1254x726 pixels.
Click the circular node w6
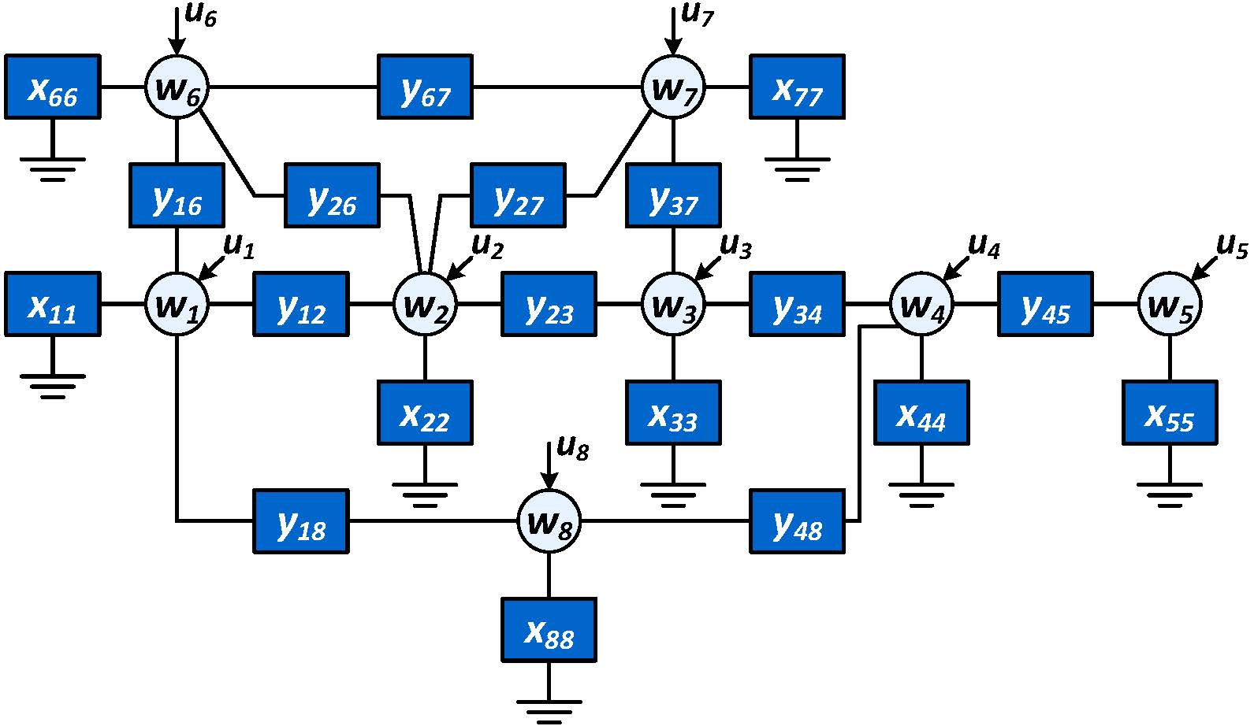[x=177, y=87]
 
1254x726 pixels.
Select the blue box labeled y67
[x=425, y=87]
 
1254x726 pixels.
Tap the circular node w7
[x=673, y=87]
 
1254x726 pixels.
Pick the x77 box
[x=797, y=87]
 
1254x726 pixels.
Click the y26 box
[x=332, y=195]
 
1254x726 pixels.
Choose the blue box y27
[x=518, y=195]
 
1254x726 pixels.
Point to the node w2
[x=425, y=304]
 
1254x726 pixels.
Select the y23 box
[x=549, y=304]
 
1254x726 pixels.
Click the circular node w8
[x=549, y=521]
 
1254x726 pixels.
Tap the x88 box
[x=549, y=630]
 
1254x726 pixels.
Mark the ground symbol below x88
[x=549, y=709]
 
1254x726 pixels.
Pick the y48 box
[x=797, y=521]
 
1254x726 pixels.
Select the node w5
[x=1170, y=304]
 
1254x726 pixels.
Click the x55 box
[x=1170, y=413]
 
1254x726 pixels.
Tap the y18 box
[x=300, y=521]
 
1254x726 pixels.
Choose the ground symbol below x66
[x=52, y=167]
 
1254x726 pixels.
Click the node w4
[x=921, y=304]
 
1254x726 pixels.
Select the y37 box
[x=673, y=195]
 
